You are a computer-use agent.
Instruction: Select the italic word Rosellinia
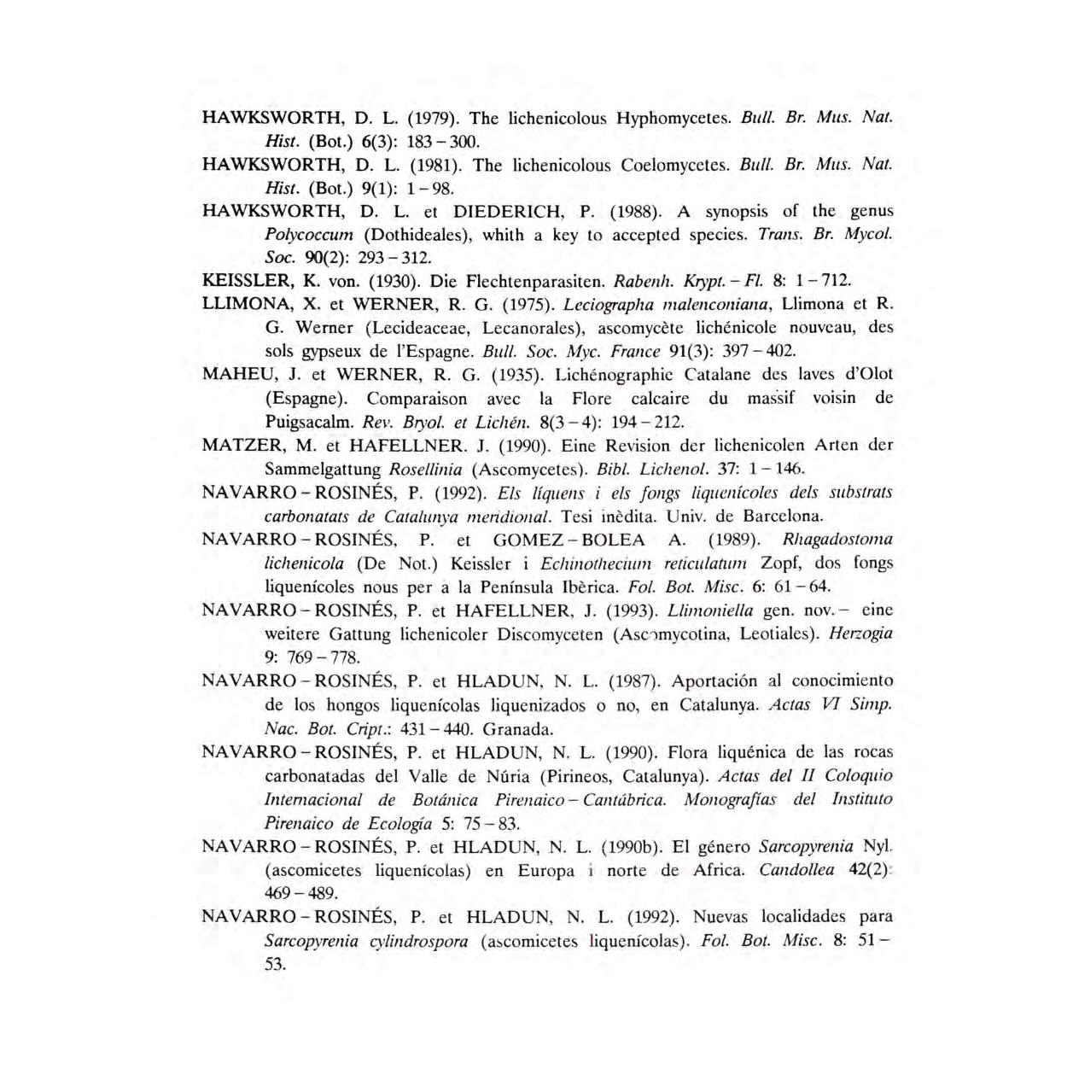pos(425,469)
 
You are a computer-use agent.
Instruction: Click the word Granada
pos(518,729)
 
